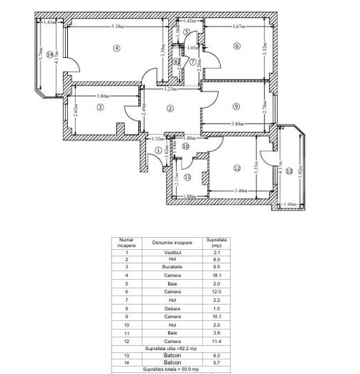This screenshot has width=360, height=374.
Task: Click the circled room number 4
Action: coord(117,47)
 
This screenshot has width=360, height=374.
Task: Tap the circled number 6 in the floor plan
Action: coord(236,45)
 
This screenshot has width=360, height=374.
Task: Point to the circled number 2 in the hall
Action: coord(170,108)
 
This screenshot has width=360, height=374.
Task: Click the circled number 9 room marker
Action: coord(236,106)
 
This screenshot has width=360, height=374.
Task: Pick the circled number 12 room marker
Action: coord(236,168)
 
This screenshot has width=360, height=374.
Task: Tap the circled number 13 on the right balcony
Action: coord(288,171)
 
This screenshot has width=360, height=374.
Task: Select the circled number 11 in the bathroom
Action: coord(188,177)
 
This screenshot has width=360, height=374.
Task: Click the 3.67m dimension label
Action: coord(238,27)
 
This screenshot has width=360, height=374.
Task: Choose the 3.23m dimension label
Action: coord(171,89)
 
